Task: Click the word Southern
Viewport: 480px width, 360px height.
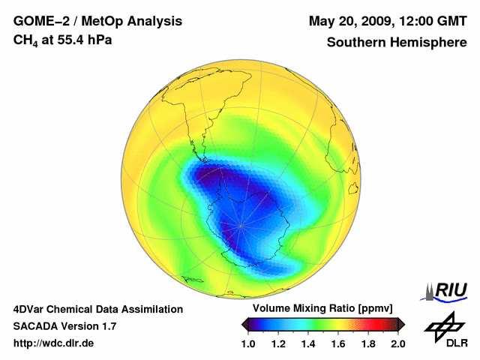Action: tap(355, 43)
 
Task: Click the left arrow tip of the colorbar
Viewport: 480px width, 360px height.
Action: tap(243, 323)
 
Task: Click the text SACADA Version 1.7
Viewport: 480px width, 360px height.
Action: tap(64, 326)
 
